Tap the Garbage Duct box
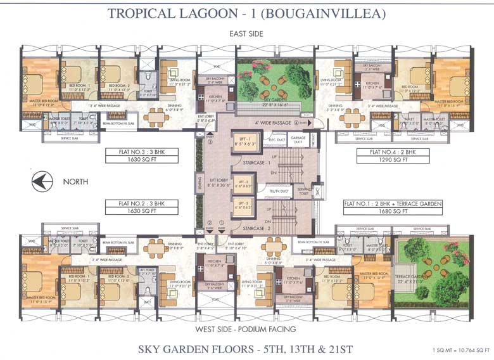pos(298,141)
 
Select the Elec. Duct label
pos(274,140)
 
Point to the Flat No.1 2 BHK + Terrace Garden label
pos(393,203)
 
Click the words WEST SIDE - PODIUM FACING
pos(246,330)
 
